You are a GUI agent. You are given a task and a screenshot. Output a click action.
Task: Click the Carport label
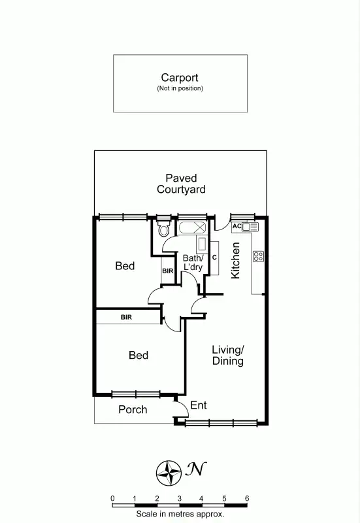point(180,77)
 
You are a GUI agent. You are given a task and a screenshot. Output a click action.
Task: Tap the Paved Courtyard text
point(181,184)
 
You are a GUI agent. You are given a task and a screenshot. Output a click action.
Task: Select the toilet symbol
point(163,229)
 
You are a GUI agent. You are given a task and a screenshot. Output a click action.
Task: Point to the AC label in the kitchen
point(237,227)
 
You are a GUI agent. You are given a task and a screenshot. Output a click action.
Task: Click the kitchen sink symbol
point(251,227)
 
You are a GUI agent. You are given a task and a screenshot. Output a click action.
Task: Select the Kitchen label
point(236,261)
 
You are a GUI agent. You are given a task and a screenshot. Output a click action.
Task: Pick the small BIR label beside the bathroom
point(167,271)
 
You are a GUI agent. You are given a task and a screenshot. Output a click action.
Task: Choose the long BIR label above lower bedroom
point(128,318)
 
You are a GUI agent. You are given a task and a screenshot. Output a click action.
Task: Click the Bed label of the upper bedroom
point(125,266)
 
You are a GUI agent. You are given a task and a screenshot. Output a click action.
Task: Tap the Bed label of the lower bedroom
point(138,356)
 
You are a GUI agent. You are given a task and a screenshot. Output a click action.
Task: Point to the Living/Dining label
point(227,356)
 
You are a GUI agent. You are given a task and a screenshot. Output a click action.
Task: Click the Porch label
point(132,410)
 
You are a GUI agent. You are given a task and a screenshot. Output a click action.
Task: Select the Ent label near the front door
point(198,406)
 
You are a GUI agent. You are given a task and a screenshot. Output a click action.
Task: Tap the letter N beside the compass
point(194,469)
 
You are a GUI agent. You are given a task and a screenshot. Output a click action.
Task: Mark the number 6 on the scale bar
point(247,498)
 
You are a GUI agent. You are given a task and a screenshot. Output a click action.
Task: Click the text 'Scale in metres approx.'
point(180,515)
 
